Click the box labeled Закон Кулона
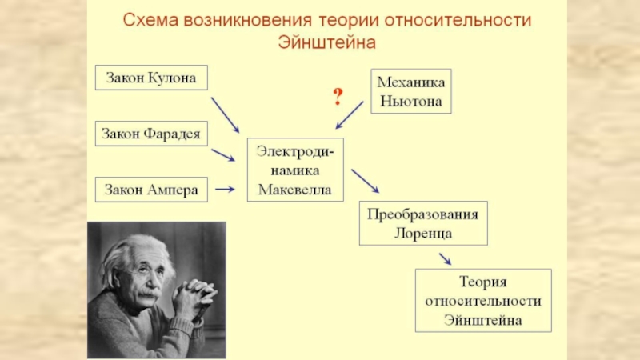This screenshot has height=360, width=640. [x=152, y=78]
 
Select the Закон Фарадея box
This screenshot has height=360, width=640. [x=152, y=134]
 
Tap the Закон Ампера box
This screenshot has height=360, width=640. [x=152, y=190]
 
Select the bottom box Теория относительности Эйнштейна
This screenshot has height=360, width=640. [x=483, y=301]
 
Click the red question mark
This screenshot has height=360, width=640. [x=338, y=98]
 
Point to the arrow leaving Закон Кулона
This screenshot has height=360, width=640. [x=225, y=114]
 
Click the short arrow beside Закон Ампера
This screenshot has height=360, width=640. [x=225, y=190]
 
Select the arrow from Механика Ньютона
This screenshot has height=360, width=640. [x=350, y=116]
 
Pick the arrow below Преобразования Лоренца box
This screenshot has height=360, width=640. [x=445, y=259]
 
